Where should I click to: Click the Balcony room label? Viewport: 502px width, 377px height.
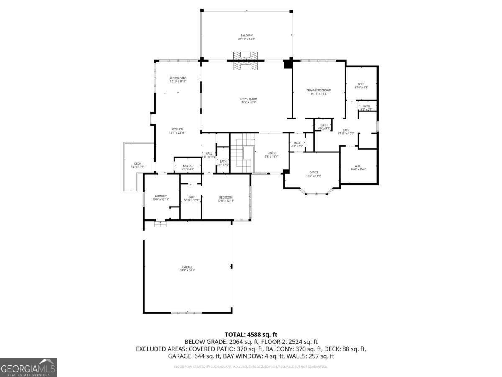coord(246,37)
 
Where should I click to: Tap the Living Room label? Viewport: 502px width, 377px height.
coord(248,101)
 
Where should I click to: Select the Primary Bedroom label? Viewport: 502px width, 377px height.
coord(319,92)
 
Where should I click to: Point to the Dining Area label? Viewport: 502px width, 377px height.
coord(178,79)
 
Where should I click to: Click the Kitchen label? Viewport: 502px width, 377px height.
coord(177,131)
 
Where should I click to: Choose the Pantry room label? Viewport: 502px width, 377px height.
coord(188,167)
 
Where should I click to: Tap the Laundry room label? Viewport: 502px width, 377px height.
coord(161,197)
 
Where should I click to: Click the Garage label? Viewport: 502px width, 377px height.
coord(187,269)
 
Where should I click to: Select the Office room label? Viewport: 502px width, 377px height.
coord(314,174)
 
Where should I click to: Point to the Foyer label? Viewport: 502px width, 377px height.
coord(271,155)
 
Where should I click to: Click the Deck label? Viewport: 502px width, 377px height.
coord(138,165)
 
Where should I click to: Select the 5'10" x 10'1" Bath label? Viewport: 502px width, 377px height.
coord(192,199)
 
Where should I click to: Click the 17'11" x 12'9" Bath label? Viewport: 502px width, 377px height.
coord(346,132)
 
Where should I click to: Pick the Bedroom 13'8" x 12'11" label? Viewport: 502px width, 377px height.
coord(226,199)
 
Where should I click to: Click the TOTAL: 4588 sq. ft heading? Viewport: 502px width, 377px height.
coord(251,334)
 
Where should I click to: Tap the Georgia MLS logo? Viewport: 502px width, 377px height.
coord(28,367)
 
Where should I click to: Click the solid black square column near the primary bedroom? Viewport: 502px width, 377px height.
coord(287,64)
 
